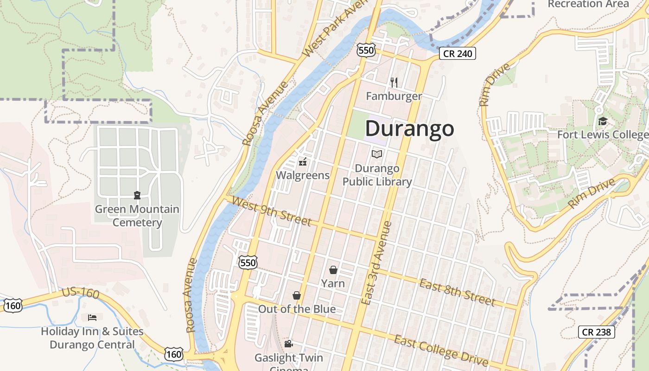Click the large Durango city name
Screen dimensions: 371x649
coord(409,128)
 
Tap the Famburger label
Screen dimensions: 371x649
coord(394,96)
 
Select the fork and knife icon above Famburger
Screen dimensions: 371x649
coord(394,83)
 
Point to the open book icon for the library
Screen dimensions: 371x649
coord(377,154)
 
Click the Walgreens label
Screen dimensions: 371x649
coord(303,175)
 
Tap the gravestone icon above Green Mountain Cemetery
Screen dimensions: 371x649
coord(137,195)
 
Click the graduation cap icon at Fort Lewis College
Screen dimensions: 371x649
coord(602,122)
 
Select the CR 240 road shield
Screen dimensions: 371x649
coord(458,53)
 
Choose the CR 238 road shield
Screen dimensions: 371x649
coord(597,332)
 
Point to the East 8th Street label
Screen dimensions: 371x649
coord(457,292)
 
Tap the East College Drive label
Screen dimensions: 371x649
coord(441,351)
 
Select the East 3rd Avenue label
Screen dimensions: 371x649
coord(376,263)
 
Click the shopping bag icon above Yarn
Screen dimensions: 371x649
coord(333,270)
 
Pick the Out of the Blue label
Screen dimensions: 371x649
coord(297,309)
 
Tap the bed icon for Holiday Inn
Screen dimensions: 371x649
coord(92,318)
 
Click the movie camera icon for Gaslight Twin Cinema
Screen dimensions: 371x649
coord(288,344)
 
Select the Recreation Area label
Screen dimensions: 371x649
coord(588,4)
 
